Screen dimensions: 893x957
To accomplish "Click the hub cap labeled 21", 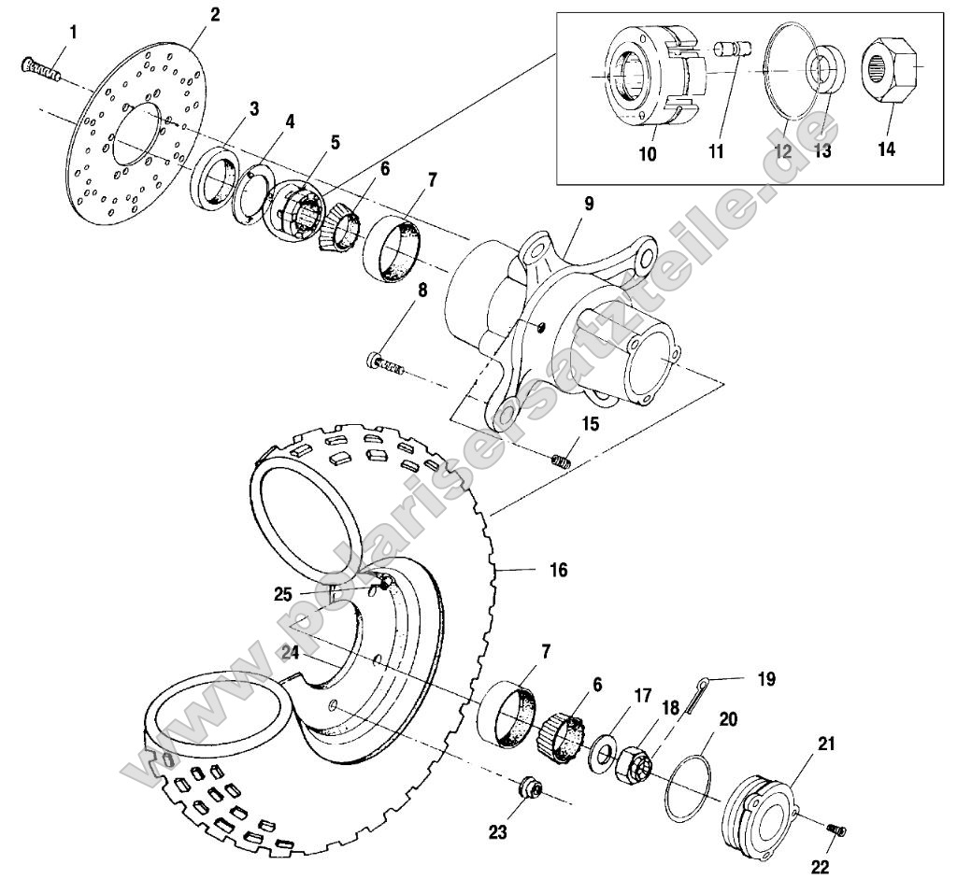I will tap(763, 808).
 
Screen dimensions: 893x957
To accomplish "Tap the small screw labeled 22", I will tap(836, 829).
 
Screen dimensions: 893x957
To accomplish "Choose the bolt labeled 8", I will tap(387, 364).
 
